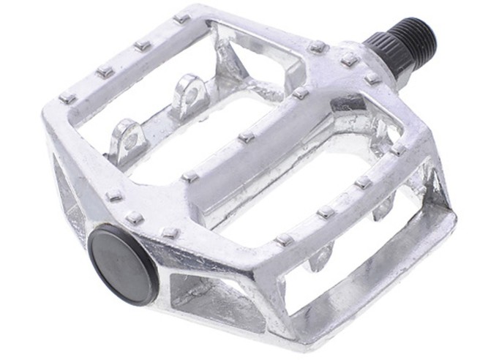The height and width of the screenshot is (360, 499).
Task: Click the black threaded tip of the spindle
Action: click(417, 36)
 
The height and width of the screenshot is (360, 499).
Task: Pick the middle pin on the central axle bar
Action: click(247, 137)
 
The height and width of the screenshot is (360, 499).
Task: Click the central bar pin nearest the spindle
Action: click(300, 93)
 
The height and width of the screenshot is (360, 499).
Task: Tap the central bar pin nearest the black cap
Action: click(190, 176)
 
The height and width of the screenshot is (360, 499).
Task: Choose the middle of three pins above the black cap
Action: click(135, 217)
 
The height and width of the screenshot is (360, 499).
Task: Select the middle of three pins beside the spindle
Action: click(350, 61)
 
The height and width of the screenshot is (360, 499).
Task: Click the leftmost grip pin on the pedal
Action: click(68, 97)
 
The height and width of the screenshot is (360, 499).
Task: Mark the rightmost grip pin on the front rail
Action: click(398, 149)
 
